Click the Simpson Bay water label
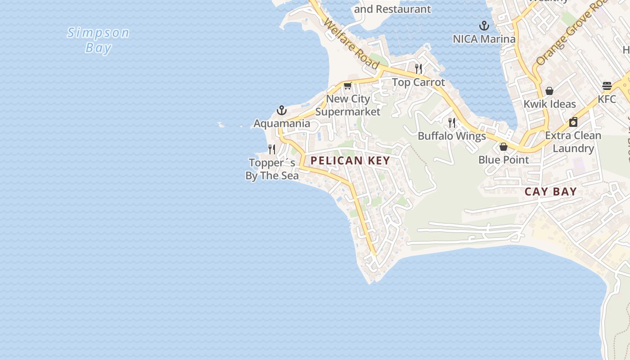pos(98,40)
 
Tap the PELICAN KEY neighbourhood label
pos(350,161)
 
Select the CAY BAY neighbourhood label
pos(551,192)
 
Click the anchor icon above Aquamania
pos(282,110)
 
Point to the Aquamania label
pos(282,123)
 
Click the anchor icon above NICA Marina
pos(484,26)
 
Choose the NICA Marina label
pos(484,39)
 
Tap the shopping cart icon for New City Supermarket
pos(347,86)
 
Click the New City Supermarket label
pos(348,105)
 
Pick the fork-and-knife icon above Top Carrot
pos(418,68)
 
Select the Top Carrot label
pos(418,82)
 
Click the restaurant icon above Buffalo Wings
pos(452,122)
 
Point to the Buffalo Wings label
pos(452,136)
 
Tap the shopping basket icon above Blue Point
pos(504,147)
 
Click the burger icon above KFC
pos(607,86)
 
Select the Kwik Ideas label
pos(549,104)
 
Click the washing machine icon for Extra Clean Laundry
pos(573,122)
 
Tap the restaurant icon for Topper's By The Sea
pos(272,149)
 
